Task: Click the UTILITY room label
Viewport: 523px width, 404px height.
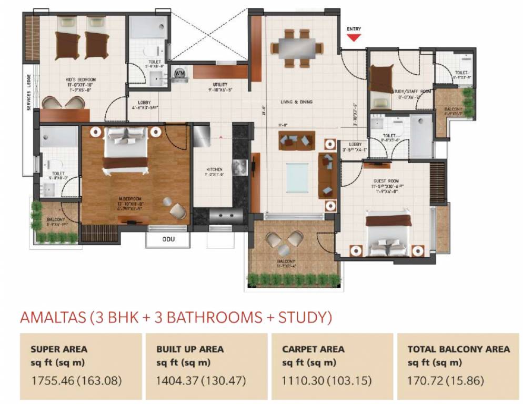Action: pyautogui.click(x=219, y=84)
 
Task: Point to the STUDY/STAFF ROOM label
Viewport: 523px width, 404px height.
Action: pyautogui.click(x=411, y=91)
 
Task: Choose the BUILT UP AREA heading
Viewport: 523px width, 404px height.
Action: pyautogui.click(x=190, y=349)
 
